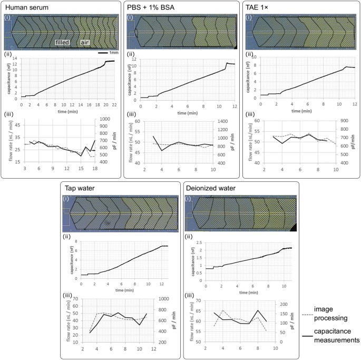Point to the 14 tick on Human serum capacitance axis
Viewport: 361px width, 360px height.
[16, 58]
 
